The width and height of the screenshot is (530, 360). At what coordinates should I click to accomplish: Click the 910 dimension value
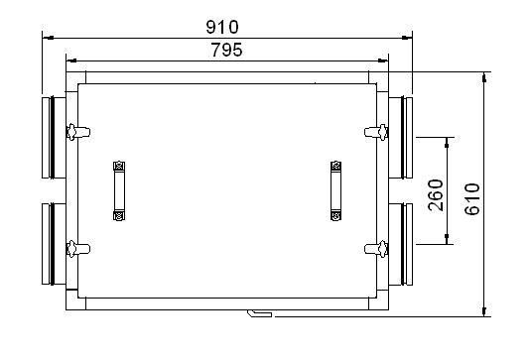(x=222, y=27)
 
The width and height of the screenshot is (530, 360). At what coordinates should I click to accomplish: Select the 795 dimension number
(x=227, y=50)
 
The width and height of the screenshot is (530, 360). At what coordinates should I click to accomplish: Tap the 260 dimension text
(x=436, y=195)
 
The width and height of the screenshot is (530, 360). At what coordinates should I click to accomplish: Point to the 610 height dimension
(x=472, y=199)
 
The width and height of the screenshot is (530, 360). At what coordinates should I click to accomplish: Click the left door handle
(x=119, y=190)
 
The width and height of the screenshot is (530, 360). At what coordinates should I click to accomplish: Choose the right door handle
(x=335, y=190)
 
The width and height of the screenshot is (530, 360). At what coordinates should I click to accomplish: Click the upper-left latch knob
(x=78, y=132)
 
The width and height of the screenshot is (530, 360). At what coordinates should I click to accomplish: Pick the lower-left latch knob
(x=78, y=249)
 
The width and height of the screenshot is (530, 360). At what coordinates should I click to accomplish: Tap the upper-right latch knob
(x=376, y=132)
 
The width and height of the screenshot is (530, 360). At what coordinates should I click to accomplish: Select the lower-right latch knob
(x=376, y=249)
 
